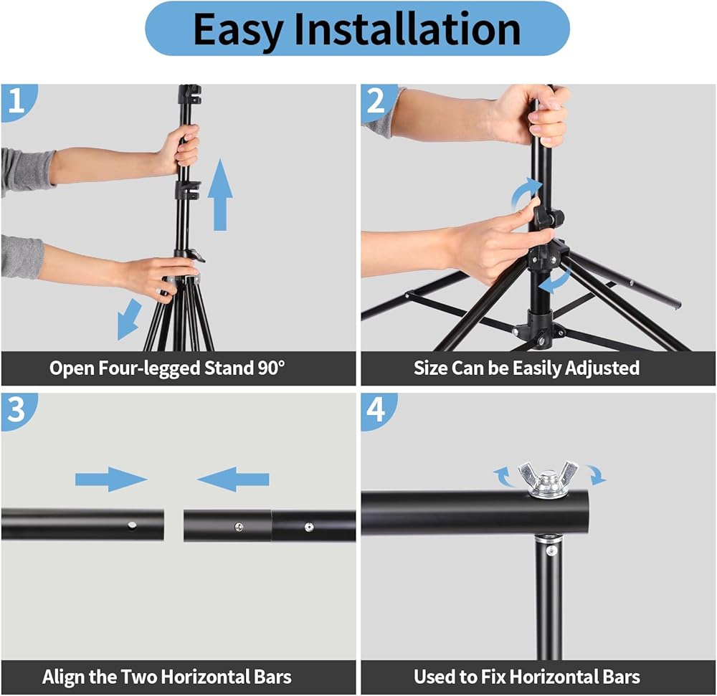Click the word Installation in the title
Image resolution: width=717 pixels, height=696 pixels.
click(x=407, y=29)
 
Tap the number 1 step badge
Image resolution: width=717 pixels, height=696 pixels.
click(x=16, y=101)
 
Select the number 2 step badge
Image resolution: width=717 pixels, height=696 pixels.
click(x=376, y=101)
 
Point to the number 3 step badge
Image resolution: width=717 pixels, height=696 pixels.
click(x=16, y=410)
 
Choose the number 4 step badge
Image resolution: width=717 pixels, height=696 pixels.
click(x=376, y=410)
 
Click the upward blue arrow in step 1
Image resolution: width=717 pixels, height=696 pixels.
click(x=220, y=195)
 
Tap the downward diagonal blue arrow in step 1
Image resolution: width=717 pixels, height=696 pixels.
click(x=128, y=319)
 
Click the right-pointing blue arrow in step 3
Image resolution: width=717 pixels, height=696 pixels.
click(x=111, y=480)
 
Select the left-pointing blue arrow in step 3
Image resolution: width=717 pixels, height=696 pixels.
click(x=233, y=480)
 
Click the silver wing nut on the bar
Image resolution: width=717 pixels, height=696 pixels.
click(x=549, y=480)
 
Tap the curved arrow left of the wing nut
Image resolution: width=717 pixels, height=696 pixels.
click(x=501, y=476)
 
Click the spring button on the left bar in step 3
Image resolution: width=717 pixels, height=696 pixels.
click(x=132, y=525)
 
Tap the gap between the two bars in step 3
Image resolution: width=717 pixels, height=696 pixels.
click(x=174, y=525)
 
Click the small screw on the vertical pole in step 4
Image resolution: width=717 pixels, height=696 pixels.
click(x=551, y=551)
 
